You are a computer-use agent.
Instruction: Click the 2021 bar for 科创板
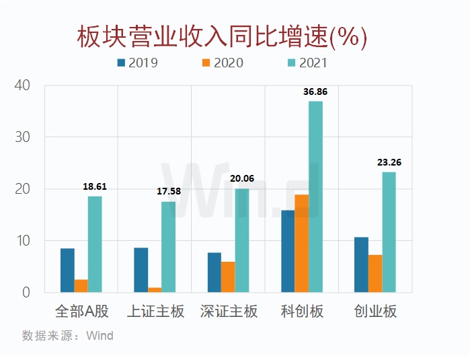coord(315,196)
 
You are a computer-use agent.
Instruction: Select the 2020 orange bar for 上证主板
coord(155,290)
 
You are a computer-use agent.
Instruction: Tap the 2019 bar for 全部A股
coord(67,271)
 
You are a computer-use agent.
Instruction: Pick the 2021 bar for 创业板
coord(389,232)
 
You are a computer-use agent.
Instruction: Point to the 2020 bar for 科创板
coord(302,244)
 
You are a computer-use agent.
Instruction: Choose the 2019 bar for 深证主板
coord(214,273)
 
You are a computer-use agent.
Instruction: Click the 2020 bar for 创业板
coord(375,274)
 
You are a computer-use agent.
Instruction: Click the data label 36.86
coord(315,92)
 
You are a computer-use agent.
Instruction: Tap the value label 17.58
coord(169,192)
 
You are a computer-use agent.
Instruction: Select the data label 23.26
coord(389,163)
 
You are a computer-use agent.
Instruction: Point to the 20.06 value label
coord(243,180)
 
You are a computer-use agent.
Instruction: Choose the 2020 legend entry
coord(221,63)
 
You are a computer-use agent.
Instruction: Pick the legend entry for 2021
coord(305,63)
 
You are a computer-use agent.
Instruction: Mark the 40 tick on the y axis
coord(23,85)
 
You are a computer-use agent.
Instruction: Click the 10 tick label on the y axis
coord(23,241)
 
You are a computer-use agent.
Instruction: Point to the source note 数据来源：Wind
coord(67,335)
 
